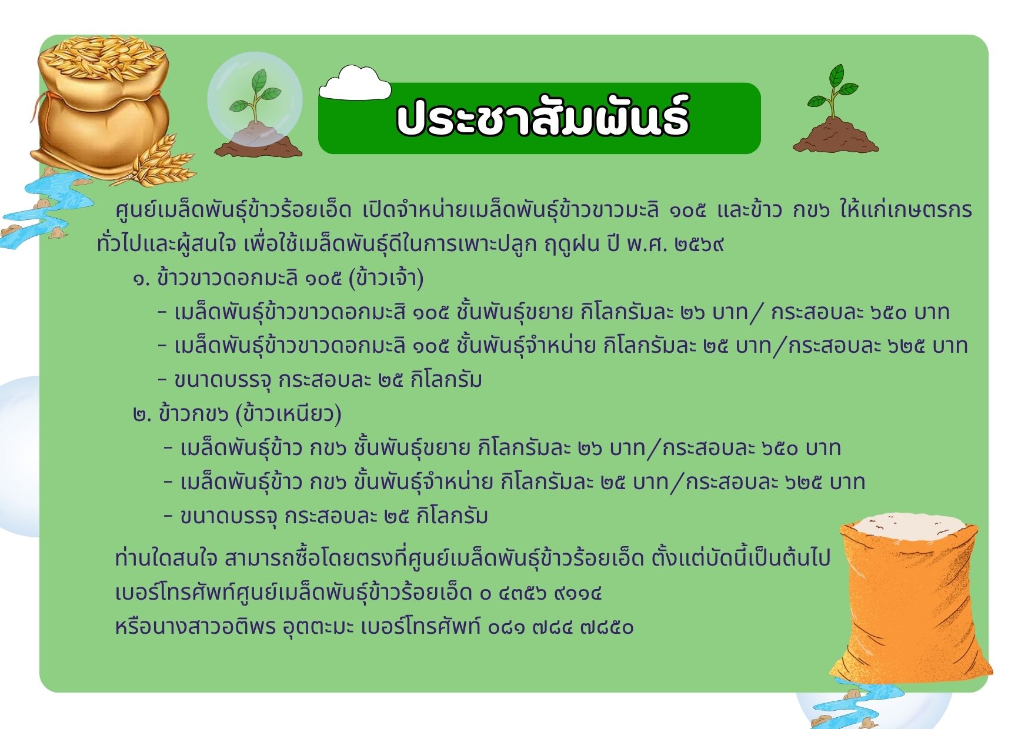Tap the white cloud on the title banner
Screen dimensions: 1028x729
[x=355, y=83]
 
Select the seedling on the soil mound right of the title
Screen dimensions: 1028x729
[x=835, y=109]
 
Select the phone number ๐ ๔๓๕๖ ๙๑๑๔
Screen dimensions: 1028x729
[x=541, y=593]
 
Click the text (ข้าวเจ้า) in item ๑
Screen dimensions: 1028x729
[x=386, y=277]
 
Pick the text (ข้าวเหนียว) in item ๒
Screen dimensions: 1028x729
[x=288, y=414]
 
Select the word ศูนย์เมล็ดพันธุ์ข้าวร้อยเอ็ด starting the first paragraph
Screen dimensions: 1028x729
[x=233, y=210]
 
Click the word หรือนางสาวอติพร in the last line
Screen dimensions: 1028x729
[x=195, y=627]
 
